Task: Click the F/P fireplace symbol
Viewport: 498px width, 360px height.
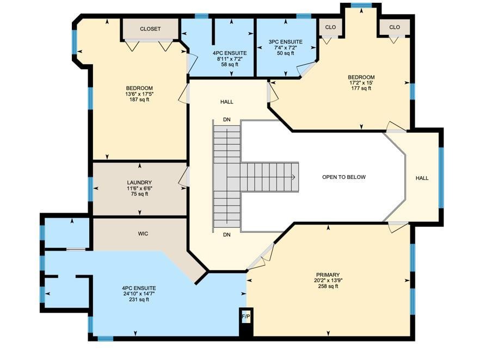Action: [246, 316]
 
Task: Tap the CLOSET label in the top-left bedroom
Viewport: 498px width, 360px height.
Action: [150, 29]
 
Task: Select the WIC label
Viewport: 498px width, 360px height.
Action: [143, 234]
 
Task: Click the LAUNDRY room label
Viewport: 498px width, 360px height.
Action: [139, 183]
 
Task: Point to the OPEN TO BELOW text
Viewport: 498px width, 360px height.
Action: [343, 177]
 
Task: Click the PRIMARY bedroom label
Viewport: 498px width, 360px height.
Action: [328, 275]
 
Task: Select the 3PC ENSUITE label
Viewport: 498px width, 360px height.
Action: [285, 41]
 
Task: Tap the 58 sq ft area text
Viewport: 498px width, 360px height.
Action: [230, 65]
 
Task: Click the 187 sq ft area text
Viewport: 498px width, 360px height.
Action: [139, 100]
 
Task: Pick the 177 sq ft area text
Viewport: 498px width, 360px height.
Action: [361, 88]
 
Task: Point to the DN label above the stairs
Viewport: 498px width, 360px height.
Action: [227, 119]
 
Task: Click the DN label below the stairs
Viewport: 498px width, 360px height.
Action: [227, 235]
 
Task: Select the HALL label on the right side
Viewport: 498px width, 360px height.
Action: [422, 178]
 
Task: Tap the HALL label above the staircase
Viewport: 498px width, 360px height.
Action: [227, 102]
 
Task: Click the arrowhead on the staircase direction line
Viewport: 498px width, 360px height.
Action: [294, 177]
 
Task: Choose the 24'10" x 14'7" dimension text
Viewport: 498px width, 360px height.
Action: [139, 294]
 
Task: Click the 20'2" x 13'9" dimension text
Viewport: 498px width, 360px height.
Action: [328, 281]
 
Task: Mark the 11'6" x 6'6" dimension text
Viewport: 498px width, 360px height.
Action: [139, 189]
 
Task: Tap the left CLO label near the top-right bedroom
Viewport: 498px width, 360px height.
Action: [330, 27]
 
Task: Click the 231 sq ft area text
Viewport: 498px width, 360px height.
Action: [139, 300]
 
